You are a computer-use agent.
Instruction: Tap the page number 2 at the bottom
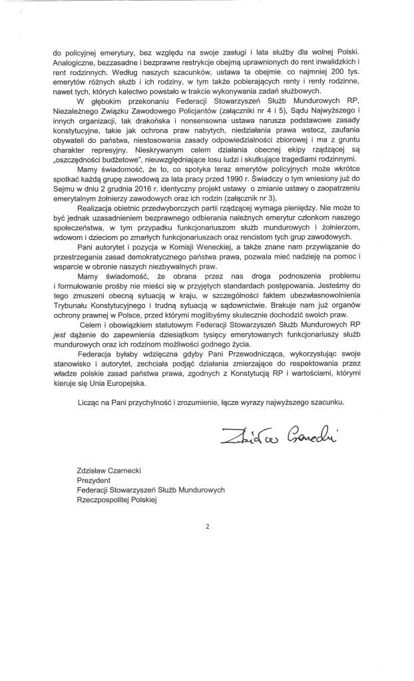coord(207,527)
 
